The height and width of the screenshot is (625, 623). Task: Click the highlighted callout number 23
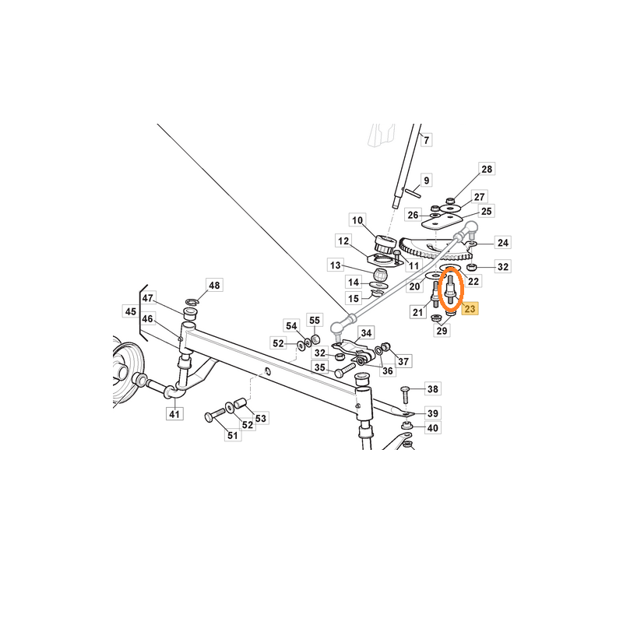coord(470,308)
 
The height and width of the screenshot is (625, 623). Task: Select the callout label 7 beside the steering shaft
coord(427,140)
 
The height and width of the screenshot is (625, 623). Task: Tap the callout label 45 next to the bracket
coord(130,311)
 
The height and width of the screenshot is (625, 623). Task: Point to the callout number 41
coord(174,414)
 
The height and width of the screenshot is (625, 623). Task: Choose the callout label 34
coord(366,333)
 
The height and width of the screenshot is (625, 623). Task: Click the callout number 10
coord(357,220)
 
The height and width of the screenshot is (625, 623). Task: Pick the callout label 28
coord(487,169)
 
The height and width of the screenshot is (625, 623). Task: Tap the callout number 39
coord(433,413)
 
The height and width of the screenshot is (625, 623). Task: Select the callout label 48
coord(214,285)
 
